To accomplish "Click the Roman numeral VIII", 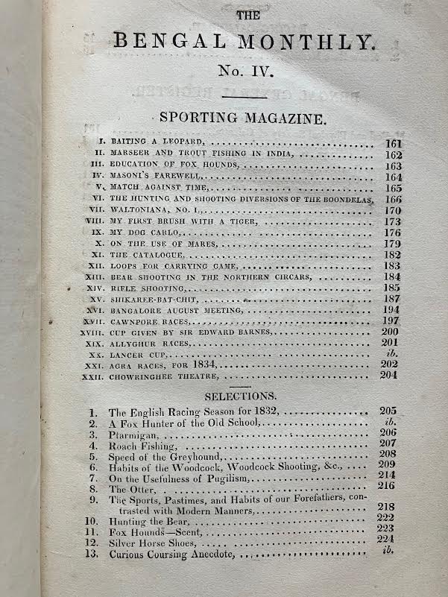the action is click(x=92, y=222).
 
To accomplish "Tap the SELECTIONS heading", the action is click(x=241, y=396).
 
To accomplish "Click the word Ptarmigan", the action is click(x=133, y=435).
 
